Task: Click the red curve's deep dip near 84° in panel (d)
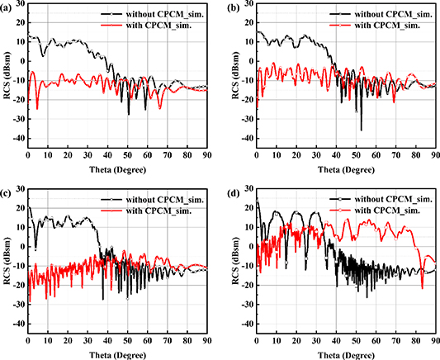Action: (x=423, y=287)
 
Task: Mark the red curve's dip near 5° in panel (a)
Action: (x=37, y=108)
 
